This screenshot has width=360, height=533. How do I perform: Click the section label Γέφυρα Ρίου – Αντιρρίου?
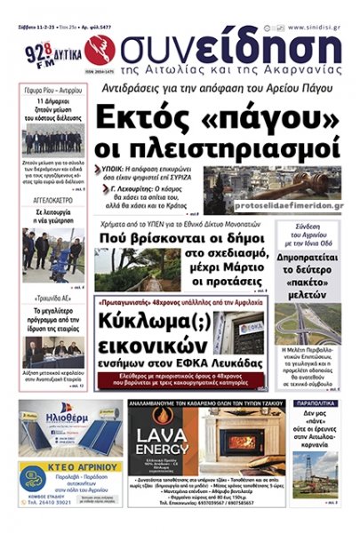coord(52,91)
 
